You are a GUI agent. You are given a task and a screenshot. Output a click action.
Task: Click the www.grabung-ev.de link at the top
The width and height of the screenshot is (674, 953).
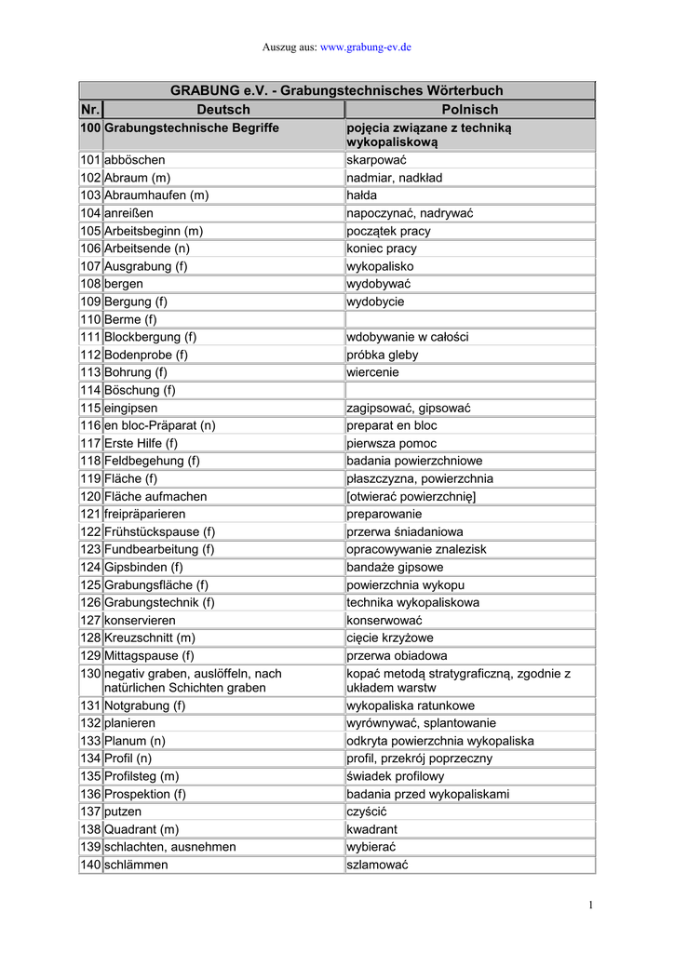tap(366, 46)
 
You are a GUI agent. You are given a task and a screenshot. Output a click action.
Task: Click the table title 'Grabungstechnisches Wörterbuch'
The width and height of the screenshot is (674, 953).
tap(336, 90)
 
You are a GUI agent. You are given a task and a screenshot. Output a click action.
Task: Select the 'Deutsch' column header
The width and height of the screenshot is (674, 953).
tap(223, 110)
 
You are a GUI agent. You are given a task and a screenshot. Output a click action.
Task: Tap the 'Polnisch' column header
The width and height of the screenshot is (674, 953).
tap(469, 110)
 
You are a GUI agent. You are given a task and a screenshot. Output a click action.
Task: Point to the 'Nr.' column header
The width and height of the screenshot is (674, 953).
tap(90, 110)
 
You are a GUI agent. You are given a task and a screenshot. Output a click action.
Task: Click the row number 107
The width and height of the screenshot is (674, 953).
tap(90, 266)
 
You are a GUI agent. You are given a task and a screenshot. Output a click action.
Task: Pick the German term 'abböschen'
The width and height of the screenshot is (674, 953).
tap(135, 160)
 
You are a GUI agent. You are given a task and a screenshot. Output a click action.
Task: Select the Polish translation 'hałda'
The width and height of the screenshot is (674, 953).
tap(364, 195)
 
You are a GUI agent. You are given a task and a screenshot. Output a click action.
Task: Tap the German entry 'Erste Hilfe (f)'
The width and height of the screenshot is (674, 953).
tap(141, 443)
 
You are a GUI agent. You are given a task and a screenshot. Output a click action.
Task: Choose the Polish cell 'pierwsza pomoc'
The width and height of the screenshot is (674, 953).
tap(391, 443)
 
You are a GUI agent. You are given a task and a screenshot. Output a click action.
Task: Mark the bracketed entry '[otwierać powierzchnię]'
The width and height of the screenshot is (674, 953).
tap(411, 496)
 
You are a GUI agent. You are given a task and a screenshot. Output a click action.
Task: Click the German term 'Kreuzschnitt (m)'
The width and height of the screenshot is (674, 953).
tap(150, 638)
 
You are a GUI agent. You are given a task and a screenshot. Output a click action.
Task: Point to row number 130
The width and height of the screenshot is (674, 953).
tap(90, 673)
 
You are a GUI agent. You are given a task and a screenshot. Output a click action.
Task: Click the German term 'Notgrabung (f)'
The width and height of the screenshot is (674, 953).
tap(144, 705)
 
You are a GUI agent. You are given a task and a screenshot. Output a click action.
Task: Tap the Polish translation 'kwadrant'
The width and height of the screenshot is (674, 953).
tap(371, 829)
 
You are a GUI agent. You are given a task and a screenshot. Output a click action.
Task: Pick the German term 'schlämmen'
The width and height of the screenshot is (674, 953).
tap(136, 865)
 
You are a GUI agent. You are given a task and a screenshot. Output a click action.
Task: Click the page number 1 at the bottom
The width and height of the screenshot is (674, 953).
tap(591, 906)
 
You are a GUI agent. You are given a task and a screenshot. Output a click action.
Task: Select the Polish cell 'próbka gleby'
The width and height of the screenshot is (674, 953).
tap(383, 355)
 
